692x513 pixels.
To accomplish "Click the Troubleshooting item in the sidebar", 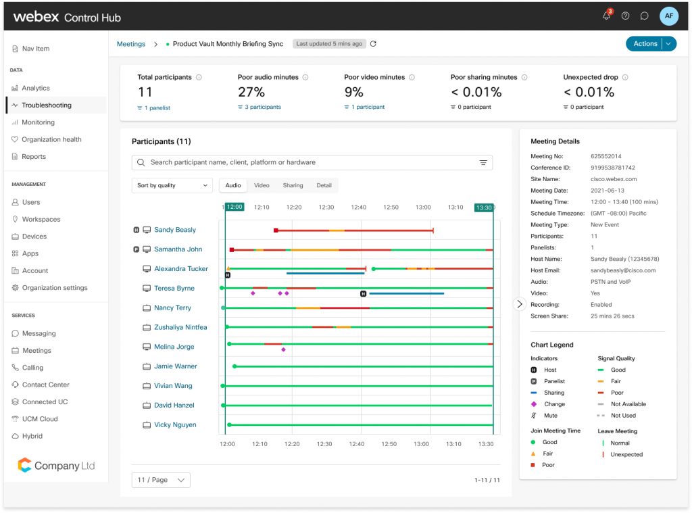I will coord(46,105).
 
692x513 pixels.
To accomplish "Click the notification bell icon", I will coord(606,16).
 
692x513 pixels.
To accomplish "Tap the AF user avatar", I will coord(668,16).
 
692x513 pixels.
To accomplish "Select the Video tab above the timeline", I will coord(262,185).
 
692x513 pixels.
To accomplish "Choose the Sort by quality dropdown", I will coord(172,185).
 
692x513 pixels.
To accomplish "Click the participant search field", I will coord(311,162).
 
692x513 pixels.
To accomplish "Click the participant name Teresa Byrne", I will coord(174,289).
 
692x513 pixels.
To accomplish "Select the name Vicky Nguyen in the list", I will coord(175,425).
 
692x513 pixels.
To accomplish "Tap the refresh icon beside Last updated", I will coord(373,44).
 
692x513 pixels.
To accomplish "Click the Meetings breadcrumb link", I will coord(131,44).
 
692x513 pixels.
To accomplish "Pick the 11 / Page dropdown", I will coord(161,480).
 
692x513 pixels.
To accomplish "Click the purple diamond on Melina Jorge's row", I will coord(283,349).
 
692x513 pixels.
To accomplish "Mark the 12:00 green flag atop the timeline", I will coord(234,207).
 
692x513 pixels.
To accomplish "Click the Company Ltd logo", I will coord(56,466).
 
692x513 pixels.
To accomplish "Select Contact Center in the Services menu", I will coord(45,385).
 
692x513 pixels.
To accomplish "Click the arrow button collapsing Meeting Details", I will coord(519,304).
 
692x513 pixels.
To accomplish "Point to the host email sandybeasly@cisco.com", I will coord(623,270).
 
